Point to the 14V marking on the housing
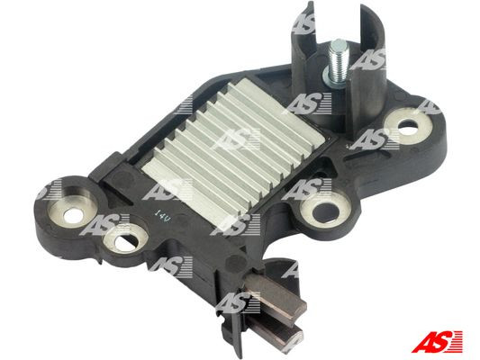[161, 216]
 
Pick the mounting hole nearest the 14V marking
[120, 241]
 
